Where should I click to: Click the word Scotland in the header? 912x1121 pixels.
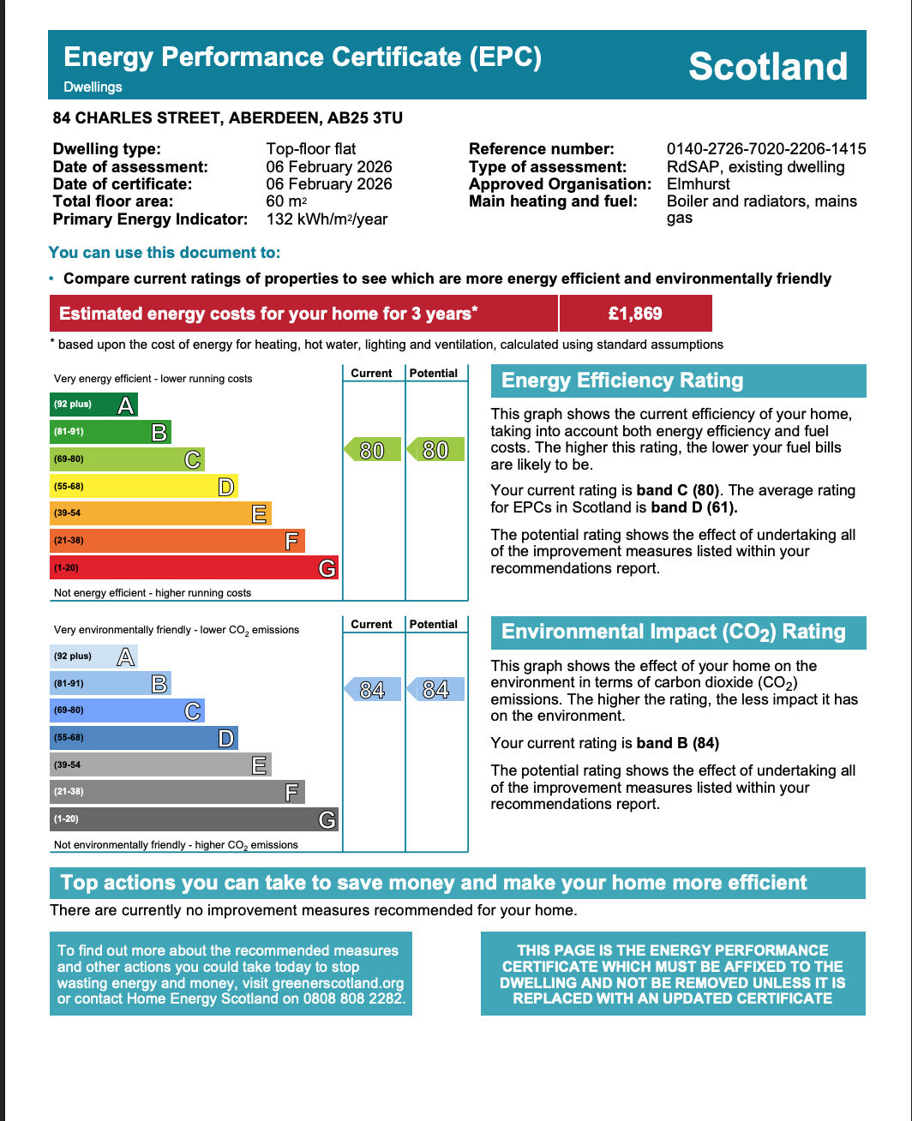(x=768, y=67)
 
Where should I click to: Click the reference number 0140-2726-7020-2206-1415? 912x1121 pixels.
(x=766, y=149)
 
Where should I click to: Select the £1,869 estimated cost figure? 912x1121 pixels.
(x=635, y=314)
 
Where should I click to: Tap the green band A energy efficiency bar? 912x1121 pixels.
(x=93, y=405)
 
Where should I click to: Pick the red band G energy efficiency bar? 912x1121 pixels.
(x=194, y=567)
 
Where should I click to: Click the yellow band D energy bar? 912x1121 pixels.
(x=143, y=487)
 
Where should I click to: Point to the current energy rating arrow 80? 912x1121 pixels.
(x=373, y=450)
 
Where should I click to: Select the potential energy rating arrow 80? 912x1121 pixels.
(x=435, y=450)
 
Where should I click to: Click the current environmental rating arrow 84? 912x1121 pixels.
(x=373, y=690)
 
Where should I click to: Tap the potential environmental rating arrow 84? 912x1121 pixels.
(x=435, y=690)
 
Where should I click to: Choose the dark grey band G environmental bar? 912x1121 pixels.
(x=194, y=819)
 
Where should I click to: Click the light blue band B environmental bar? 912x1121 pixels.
(x=111, y=684)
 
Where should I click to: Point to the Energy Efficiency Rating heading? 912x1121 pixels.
(x=622, y=381)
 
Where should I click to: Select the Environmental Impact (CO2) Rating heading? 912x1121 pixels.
(x=674, y=632)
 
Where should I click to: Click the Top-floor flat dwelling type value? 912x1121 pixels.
(x=311, y=149)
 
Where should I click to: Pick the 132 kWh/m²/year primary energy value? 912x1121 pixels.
(x=327, y=219)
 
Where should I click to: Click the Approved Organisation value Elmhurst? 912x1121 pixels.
(x=699, y=184)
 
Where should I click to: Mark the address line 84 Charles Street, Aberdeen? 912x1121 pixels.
(x=228, y=118)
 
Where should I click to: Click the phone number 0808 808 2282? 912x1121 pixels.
(x=352, y=998)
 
